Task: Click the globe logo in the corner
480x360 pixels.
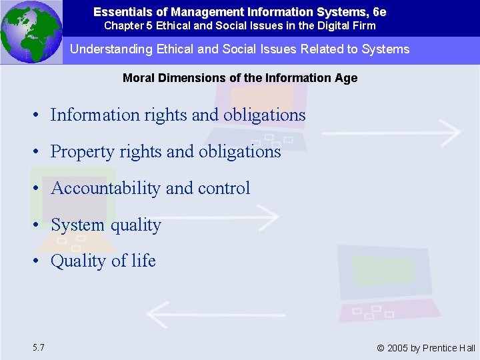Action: (31, 32)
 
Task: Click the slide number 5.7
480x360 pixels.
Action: (38, 347)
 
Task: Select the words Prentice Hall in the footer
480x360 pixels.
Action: (452, 348)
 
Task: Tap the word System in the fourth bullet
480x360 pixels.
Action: (77, 225)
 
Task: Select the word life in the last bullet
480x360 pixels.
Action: (143, 261)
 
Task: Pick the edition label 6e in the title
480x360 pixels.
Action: (379, 12)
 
